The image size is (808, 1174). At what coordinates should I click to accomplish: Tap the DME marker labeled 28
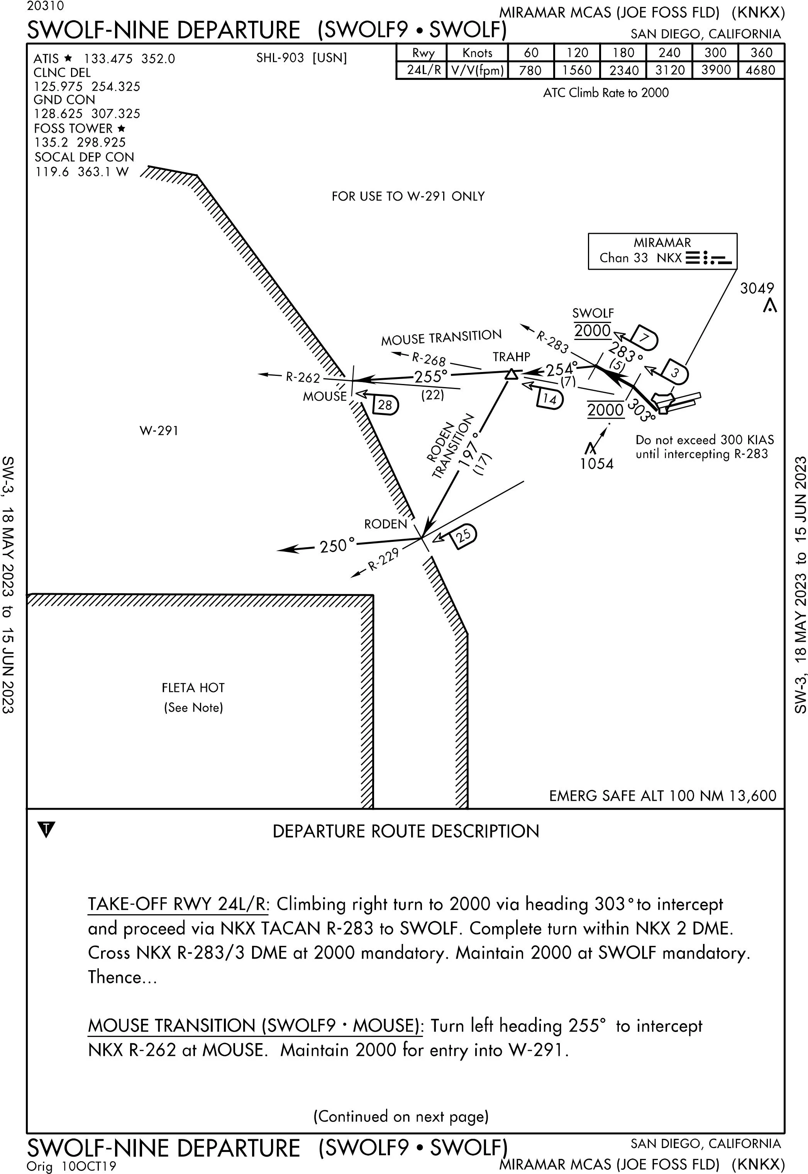coord(385,405)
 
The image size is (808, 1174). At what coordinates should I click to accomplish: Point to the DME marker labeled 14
coord(550,399)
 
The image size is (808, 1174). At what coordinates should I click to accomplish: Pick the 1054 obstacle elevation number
coord(596,464)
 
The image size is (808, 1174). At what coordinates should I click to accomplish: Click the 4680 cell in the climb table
coord(761,70)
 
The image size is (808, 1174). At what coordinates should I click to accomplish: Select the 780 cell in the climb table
coord(530,70)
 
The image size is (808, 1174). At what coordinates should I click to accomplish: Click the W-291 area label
coord(159,431)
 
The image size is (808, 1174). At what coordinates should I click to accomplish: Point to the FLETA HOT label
coord(193,688)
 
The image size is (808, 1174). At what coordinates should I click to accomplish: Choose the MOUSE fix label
coord(325,396)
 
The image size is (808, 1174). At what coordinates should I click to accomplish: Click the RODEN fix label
coord(385,524)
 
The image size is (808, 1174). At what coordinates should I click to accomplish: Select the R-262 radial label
coord(303,377)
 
